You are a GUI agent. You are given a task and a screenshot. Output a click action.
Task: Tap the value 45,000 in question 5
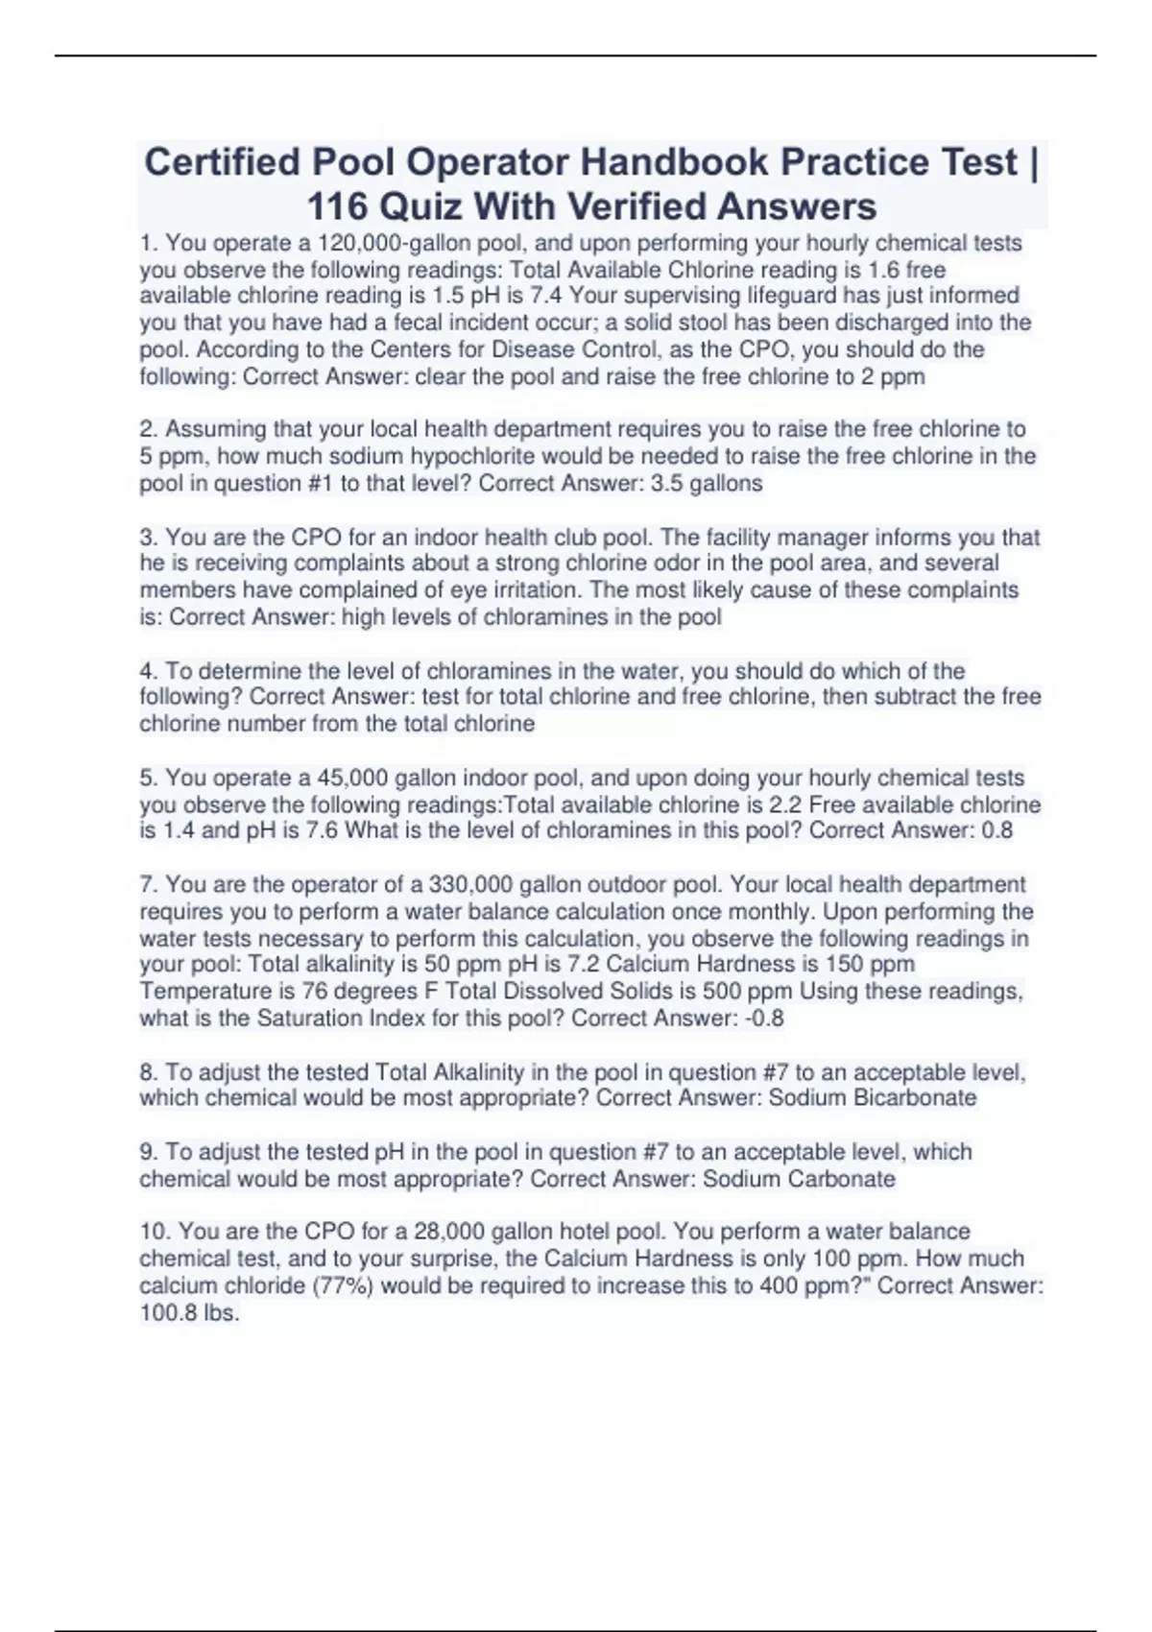coord(352,778)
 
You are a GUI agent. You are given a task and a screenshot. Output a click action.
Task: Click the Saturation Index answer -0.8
coord(764,1018)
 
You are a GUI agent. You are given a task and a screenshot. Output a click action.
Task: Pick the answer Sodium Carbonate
coord(799,1179)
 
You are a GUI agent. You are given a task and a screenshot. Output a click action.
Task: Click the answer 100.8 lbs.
coord(189,1312)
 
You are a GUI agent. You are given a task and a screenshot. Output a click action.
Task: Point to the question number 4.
coord(147,671)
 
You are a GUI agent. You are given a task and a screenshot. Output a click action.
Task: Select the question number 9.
coord(147,1152)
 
